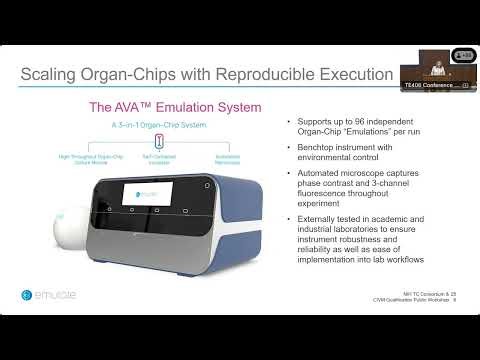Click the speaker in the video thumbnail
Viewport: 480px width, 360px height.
pyautogui.click(x=437, y=69)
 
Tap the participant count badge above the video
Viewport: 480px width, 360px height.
pyautogui.click(x=463, y=54)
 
